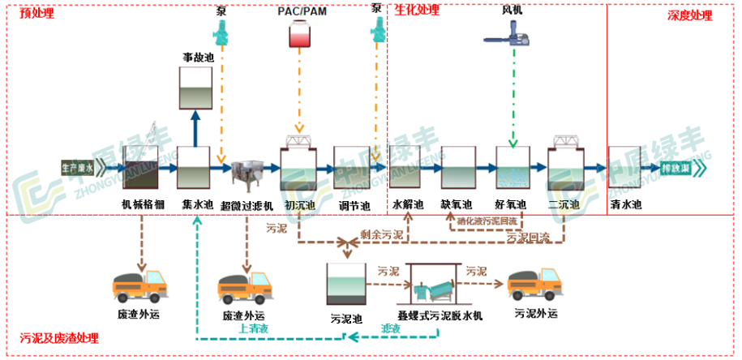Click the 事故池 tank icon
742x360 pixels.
click(195, 88)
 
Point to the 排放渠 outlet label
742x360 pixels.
click(674, 169)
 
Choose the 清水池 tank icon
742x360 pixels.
click(625, 169)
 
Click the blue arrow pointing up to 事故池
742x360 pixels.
click(194, 127)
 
